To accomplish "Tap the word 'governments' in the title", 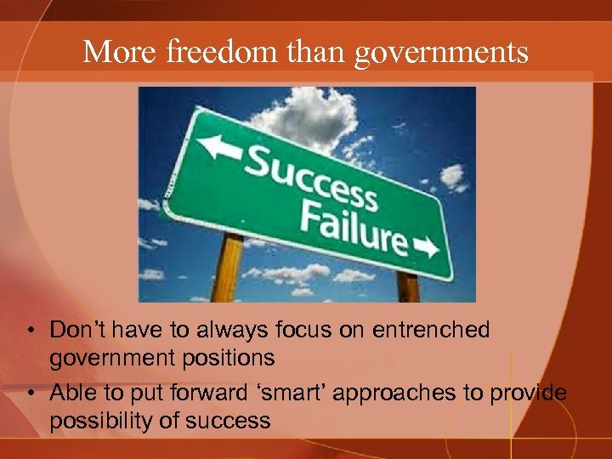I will pyautogui.click(x=441, y=54).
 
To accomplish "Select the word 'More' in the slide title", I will pyautogui.click(x=119, y=52).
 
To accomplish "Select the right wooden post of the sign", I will pyautogui.click(x=407, y=286).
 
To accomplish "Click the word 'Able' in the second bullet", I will pyautogui.click(x=72, y=393).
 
